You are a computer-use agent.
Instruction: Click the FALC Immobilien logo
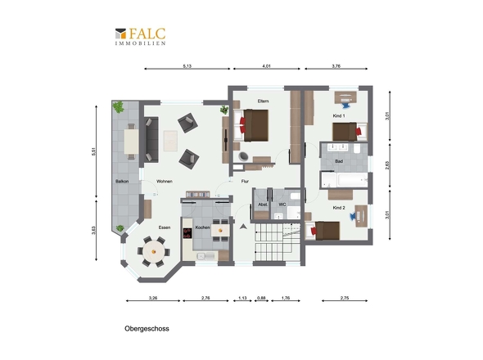click(141, 36)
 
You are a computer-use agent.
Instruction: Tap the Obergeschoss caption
click(147, 329)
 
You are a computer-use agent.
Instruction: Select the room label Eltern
click(263, 101)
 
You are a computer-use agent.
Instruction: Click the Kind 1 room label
click(339, 116)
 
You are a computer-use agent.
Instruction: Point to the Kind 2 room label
click(339, 208)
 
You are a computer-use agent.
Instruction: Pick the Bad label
click(339, 161)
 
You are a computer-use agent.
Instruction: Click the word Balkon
click(122, 182)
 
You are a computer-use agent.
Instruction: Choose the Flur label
click(245, 182)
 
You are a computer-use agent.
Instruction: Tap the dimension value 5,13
click(187, 66)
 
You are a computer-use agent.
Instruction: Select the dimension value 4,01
click(266, 66)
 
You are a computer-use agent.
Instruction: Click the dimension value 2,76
click(205, 298)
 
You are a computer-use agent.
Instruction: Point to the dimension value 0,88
click(261, 298)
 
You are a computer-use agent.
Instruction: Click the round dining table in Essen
click(153, 252)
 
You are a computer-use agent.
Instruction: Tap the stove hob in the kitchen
click(187, 233)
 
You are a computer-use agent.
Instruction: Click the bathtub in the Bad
click(352, 180)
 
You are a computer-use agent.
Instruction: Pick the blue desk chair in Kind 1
click(345, 106)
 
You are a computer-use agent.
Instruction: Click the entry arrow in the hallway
click(243, 227)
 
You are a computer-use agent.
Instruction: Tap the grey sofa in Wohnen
click(151, 140)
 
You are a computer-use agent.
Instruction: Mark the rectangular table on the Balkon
click(131, 142)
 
